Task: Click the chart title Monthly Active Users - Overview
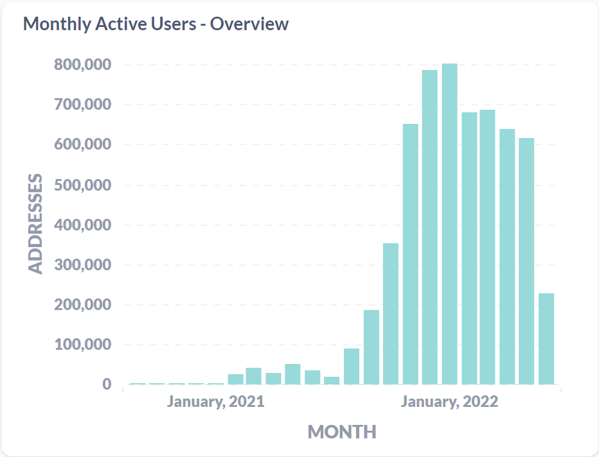point(156,24)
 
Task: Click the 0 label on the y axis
point(106,384)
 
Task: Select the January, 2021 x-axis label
point(216,402)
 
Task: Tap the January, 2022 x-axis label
point(449,402)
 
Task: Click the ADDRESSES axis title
point(37,223)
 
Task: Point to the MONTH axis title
point(341,431)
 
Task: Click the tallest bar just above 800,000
point(449,225)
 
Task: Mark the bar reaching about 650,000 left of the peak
point(410,254)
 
